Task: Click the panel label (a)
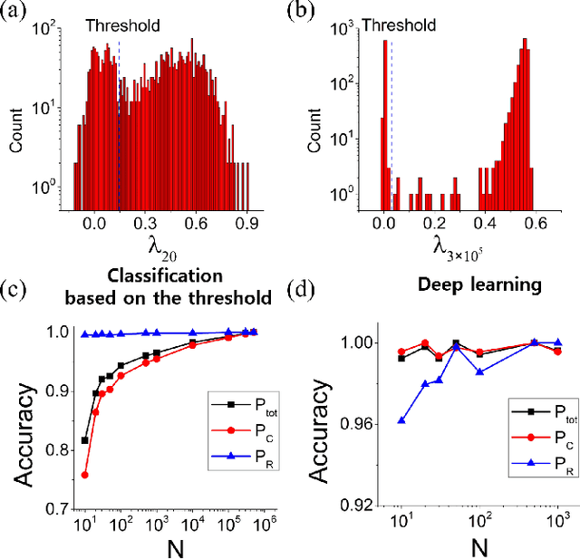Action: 16,12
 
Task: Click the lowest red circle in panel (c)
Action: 85,475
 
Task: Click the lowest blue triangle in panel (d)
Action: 402,420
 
